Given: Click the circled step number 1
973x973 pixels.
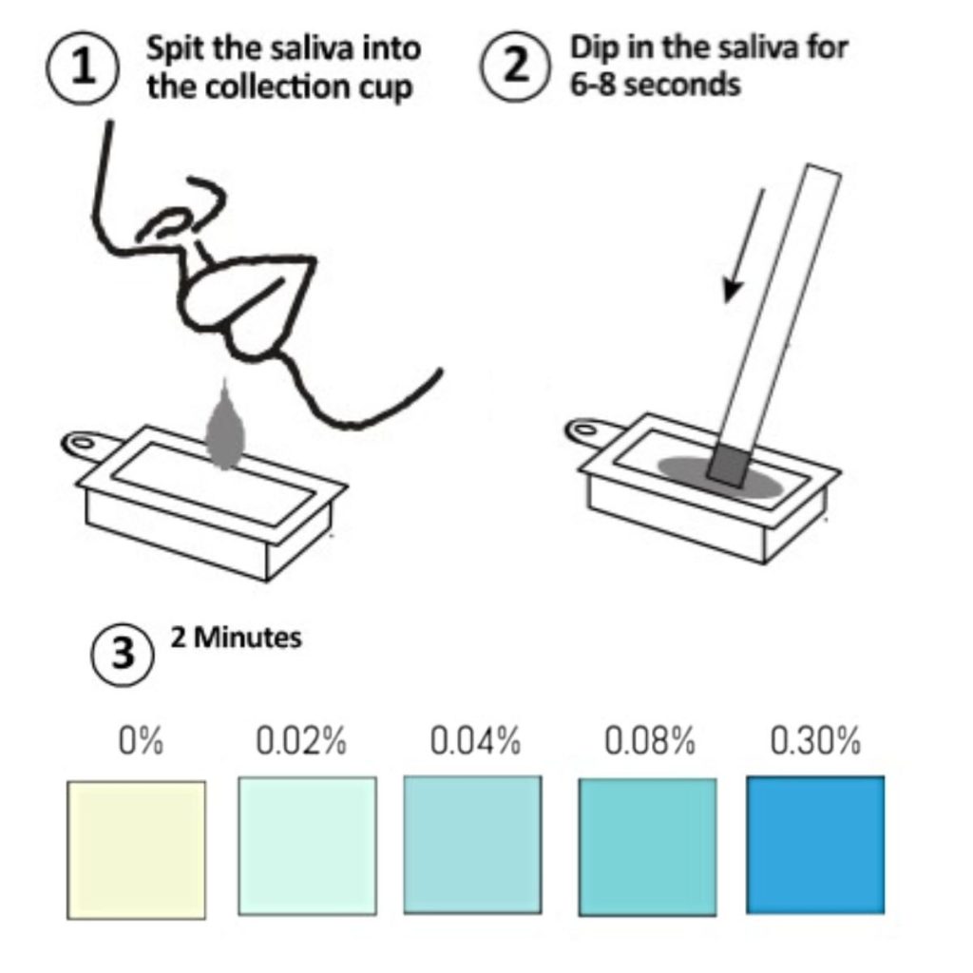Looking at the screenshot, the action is [x=83, y=67].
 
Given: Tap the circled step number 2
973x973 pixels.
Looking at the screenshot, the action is [x=515, y=66].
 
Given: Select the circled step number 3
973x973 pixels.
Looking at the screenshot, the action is [x=123, y=654].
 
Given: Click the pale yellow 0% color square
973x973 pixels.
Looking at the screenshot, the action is [x=136, y=850].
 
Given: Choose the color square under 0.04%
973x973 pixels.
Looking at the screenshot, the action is [x=473, y=845].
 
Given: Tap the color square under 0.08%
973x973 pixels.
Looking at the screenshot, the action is [x=647, y=848].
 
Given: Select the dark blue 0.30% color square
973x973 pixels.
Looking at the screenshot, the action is [x=815, y=845].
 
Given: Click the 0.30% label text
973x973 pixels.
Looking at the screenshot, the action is [x=815, y=740].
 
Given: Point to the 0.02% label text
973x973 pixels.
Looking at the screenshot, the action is [x=301, y=740].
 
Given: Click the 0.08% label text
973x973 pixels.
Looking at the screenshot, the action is [x=650, y=740].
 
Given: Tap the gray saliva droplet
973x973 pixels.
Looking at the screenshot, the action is [x=224, y=426].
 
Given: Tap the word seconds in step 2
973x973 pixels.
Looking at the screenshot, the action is [x=682, y=85].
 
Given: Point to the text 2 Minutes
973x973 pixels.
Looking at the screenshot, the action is [x=237, y=638].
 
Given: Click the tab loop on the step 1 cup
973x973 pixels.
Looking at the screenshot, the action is [x=82, y=443].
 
